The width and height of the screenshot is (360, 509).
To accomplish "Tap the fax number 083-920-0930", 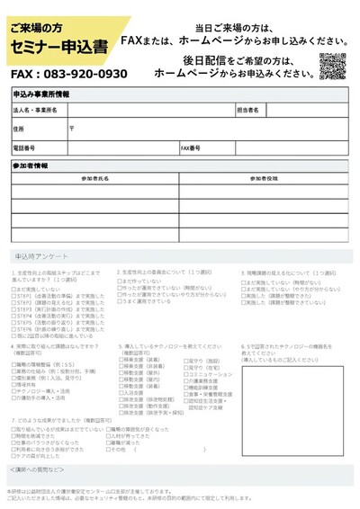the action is click(x=69, y=74).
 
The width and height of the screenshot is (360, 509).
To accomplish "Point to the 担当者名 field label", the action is click(x=248, y=110).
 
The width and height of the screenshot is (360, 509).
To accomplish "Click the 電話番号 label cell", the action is click(x=24, y=147).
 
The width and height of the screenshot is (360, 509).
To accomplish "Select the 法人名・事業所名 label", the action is click(x=35, y=110).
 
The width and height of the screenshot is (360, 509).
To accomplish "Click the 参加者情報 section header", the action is click(x=31, y=166).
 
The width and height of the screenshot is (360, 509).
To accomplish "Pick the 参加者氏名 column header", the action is click(x=95, y=180).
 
